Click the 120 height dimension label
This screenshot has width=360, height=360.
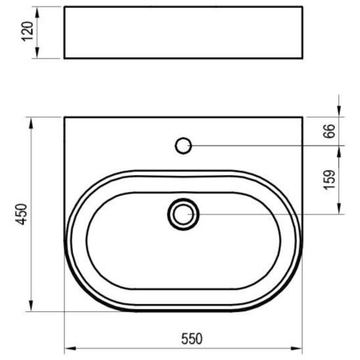(28, 32)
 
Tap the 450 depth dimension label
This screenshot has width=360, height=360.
(22, 214)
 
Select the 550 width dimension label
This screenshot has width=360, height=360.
(192, 338)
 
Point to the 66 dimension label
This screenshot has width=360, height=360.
(328, 131)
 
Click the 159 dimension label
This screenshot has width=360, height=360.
(329, 180)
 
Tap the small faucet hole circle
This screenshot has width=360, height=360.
(183, 146)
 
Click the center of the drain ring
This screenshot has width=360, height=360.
(183, 214)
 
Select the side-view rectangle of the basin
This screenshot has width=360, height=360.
(183, 33)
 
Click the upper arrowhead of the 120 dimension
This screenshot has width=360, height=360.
(37, 12)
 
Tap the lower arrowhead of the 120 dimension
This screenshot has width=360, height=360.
(37, 53)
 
